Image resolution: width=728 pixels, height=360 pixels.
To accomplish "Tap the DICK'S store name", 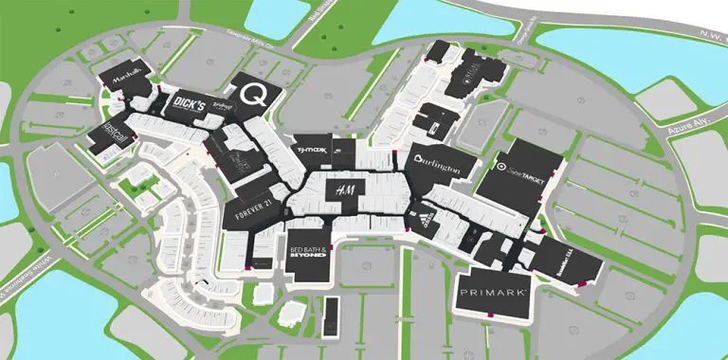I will coord(189,105).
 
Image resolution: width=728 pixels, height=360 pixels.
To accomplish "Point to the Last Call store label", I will coord(104,135).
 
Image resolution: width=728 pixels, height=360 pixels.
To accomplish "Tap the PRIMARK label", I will coord(493,295).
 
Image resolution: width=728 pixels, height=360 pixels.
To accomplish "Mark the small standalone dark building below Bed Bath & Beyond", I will coord(330,315).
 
